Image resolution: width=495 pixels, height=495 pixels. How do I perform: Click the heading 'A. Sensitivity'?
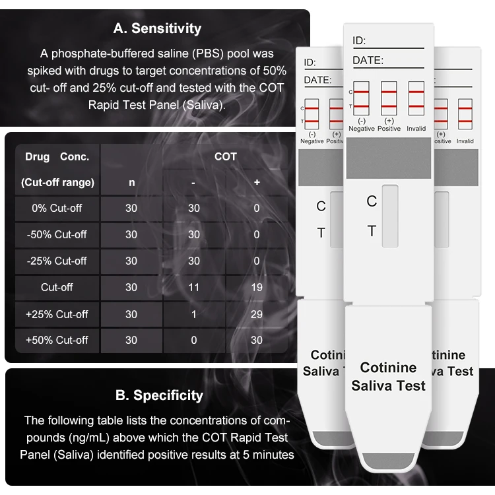point(156,28)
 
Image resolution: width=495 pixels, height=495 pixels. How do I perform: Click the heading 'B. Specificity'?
point(159,395)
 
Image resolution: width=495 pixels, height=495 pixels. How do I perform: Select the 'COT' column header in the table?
point(226,156)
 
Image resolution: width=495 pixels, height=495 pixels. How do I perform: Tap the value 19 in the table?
point(257,287)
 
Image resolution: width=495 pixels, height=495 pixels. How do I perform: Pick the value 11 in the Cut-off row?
point(194,287)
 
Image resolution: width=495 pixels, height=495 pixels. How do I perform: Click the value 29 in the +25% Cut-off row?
point(257,314)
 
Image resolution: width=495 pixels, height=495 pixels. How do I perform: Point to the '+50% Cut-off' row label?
point(57,340)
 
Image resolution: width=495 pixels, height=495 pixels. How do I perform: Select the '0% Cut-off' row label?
point(57,208)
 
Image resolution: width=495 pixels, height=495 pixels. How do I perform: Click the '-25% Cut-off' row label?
point(57,261)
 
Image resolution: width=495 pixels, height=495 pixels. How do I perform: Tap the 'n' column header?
point(131,182)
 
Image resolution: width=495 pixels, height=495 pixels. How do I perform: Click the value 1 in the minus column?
point(194,314)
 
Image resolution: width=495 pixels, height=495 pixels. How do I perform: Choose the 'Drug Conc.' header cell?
point(57,157)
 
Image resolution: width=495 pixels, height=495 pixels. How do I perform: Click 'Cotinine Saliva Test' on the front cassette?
point(388,376)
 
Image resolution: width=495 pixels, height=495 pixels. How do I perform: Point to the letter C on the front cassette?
point(372,201)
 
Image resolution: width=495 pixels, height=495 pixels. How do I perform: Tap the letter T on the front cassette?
point(372,231)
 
